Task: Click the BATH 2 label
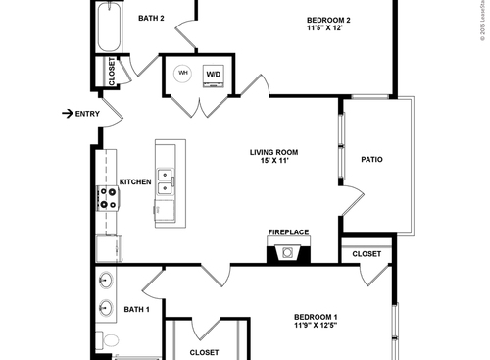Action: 150,18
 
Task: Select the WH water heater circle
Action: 183,74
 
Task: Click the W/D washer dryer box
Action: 213,75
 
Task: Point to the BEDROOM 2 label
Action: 328,19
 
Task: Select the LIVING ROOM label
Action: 273,152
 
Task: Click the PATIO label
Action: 371,159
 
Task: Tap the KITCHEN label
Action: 134,181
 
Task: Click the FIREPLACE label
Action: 288,232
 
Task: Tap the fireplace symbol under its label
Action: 288,252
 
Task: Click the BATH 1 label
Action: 136,310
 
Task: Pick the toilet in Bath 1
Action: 110,339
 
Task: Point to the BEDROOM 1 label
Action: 316,316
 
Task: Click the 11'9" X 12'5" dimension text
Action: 316,328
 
